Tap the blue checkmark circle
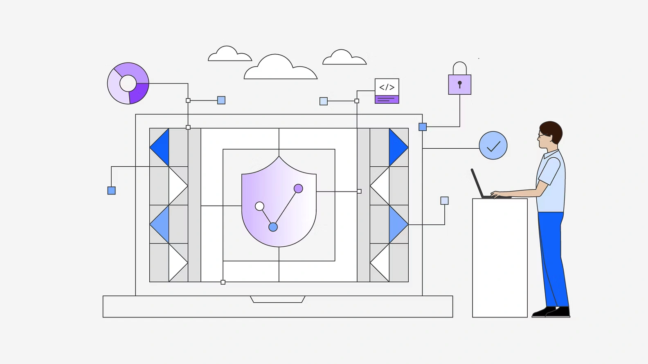click(x=493, y=145)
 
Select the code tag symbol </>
click(x=387, y=87)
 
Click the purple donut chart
click(x=128, y=83)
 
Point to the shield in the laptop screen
click(x=279, y=204)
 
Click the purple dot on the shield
click(x=298, y=188)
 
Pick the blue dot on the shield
click(x=273, y=227)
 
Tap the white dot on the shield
click(x=259, y=206)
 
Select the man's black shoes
click(x=552, y=312)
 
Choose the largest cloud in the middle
click(x=280, y=68)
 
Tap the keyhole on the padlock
click(x=459, y=84)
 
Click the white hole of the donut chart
click(x=128, y=83)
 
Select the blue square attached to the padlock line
click(x=423, y=127)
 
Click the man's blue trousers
click(x=552, y=257)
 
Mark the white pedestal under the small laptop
click(x=500, y=257)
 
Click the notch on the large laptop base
click(x=277, y=299)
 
